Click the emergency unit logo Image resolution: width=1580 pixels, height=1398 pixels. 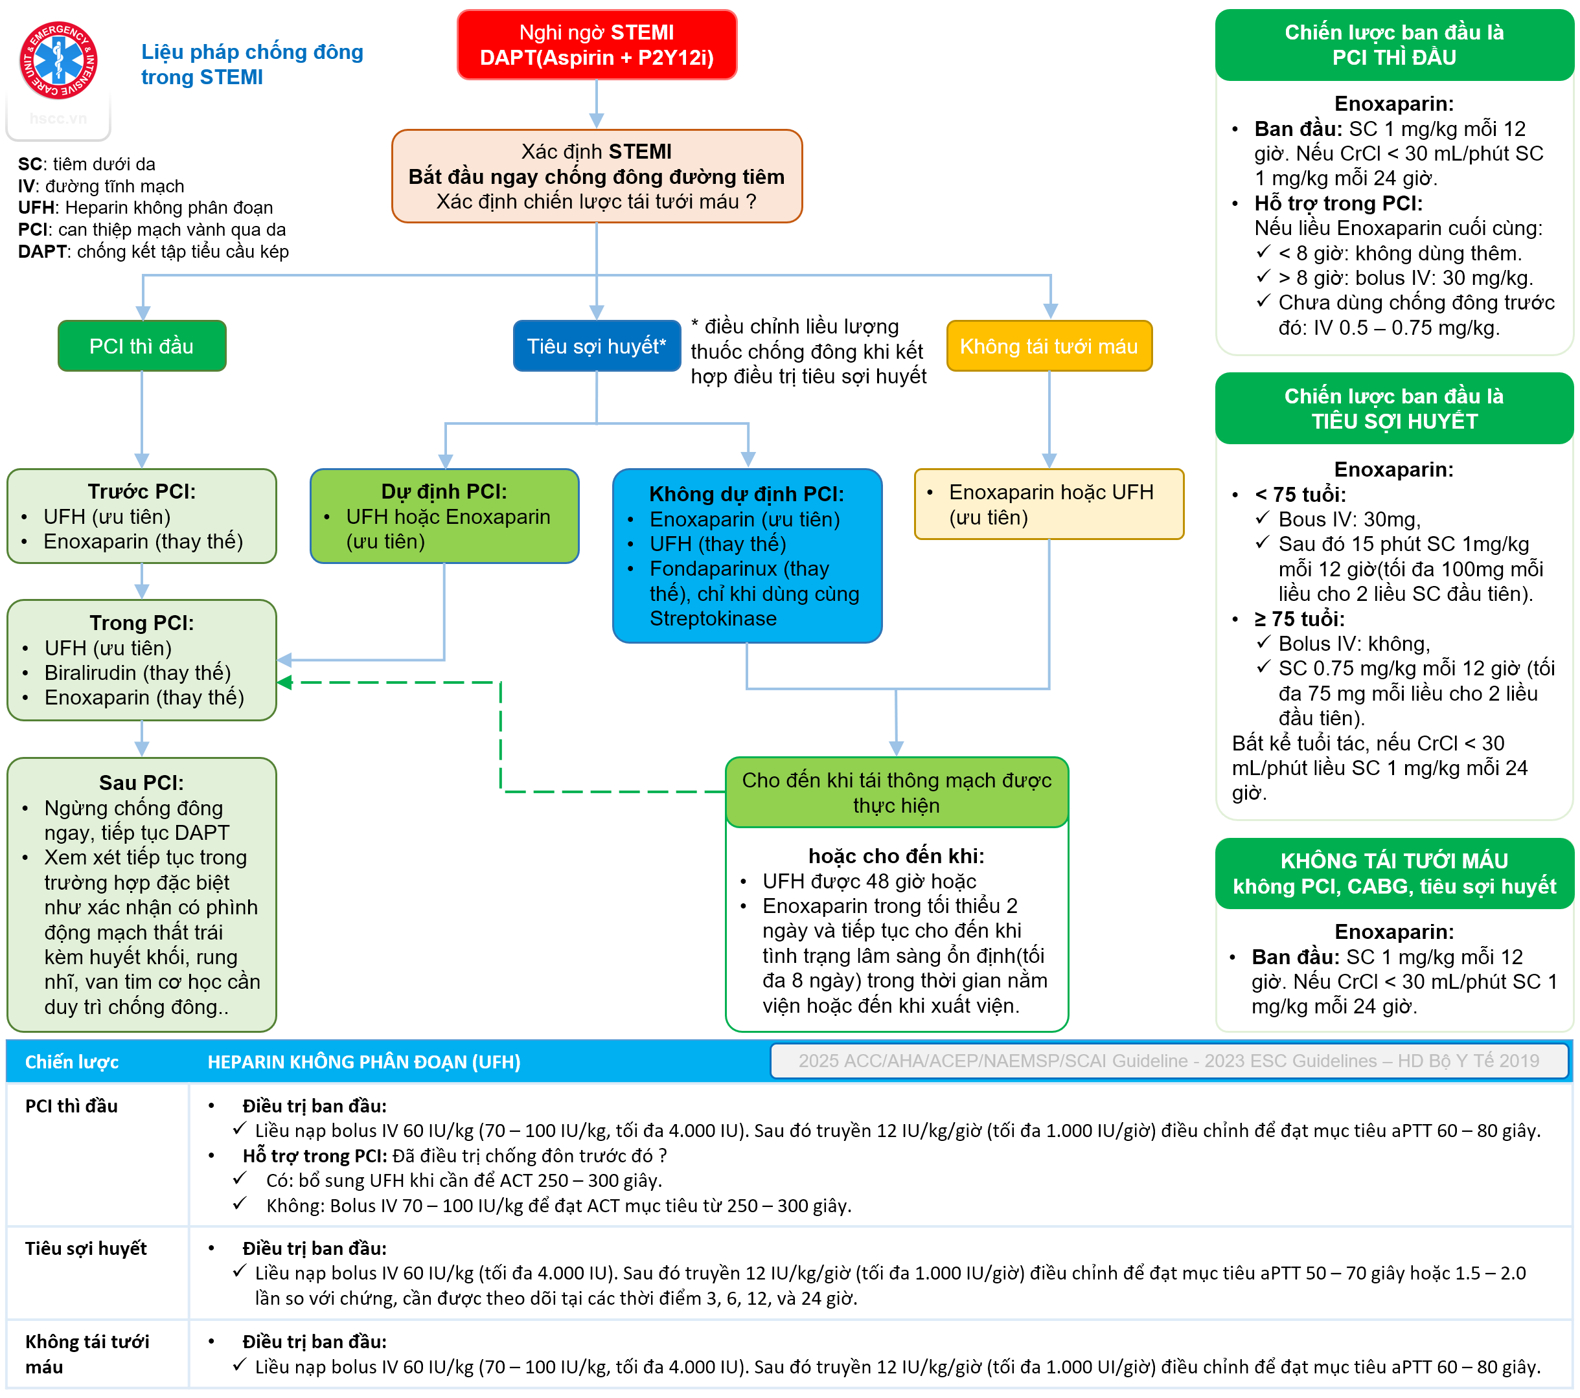[x=59, y=60]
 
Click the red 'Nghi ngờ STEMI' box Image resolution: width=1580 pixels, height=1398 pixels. [x=596, y=45]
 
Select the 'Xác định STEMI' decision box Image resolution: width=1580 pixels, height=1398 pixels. [x=596, y=176]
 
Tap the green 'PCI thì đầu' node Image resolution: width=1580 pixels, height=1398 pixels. [x=141, y=346]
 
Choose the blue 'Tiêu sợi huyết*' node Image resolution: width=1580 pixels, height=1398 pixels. [x=596, y=346]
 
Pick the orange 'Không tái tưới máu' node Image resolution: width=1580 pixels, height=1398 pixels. [x=1048, y=346]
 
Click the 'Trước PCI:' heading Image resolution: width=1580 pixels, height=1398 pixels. [x=141, y=491]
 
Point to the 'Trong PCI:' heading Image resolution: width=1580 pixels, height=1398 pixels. [x=141, y=623]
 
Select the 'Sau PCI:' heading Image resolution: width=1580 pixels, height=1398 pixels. [x=141, y=783]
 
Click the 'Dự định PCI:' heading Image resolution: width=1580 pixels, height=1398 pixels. [x=444, y=491]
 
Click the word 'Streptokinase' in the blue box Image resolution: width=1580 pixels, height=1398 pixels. [x=713, y=618]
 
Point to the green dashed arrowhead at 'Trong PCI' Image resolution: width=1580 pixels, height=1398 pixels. [x=284, y=682]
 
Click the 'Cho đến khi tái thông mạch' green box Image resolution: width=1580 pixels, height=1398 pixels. [x=896, y=792]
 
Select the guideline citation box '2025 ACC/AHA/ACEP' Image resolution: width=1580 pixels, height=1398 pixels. [x=1169, y=1061]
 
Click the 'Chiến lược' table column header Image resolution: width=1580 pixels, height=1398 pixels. [x=72, y=1062]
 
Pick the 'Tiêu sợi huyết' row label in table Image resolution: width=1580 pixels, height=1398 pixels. [x=86, y=1249]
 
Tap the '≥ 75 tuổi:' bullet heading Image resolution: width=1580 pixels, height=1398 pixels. [x=1299, y=619]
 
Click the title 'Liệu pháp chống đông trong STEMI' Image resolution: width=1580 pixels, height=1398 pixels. [x=252, y=64]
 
